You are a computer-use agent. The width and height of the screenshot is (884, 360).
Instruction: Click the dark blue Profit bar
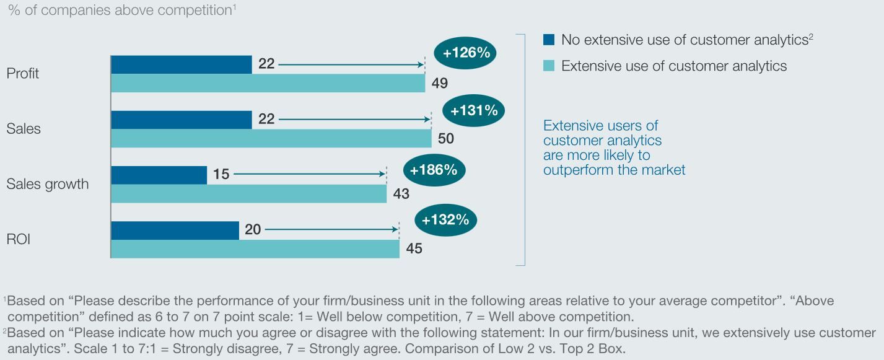[x=182, y=64]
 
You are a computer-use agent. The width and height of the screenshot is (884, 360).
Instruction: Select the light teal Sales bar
[x=271, y=138]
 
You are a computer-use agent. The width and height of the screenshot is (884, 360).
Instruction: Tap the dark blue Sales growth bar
[x=159, y=175]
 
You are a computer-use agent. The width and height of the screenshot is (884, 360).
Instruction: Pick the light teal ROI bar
[x=255, y=249]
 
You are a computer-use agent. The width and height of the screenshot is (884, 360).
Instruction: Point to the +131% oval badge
[x=474, y=111]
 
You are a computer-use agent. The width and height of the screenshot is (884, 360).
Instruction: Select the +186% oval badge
[x=434, y=170]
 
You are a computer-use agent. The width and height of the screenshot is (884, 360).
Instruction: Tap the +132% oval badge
[x=445, y=219]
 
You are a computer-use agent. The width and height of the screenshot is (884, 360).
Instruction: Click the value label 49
[x=439, y=84]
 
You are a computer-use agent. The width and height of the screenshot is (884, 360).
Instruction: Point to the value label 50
[x=445, y=139]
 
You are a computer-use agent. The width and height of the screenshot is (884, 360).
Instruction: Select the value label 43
[x=401, y=194]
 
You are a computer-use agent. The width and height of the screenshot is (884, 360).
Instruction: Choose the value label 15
[x=221, y=175]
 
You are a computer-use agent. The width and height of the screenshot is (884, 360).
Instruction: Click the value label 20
[x=253, y=230]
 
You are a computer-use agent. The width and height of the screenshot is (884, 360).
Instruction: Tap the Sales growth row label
[x=47, y=185]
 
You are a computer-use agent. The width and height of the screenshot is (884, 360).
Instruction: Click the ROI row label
[x=19, y=240]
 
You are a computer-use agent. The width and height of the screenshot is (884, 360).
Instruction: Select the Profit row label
[x=23, y=74]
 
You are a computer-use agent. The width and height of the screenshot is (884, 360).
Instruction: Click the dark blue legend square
[x=549, y=40]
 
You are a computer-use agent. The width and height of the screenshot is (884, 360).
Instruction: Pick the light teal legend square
[x=549, y=66]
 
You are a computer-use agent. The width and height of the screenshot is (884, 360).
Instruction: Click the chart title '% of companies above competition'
[x=121, y=11]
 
